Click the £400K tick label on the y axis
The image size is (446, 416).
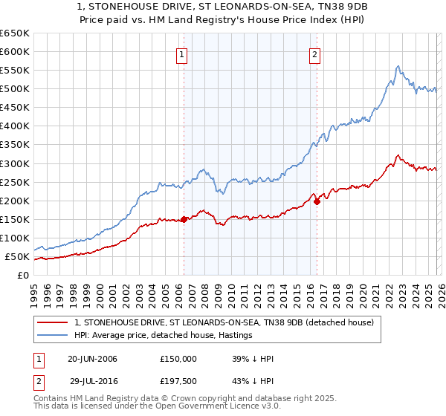(14, 126)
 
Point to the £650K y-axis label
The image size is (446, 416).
(14, 33)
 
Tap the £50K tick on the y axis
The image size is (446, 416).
(16, 257)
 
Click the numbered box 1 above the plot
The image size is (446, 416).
(182, 53)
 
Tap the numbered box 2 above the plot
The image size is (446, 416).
(315, 53)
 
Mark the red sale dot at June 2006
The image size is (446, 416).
(184, 219)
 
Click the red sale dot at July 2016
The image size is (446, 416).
(317, 201)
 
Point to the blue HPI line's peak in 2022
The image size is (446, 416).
(398, 66)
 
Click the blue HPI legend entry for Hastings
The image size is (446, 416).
(164, 335)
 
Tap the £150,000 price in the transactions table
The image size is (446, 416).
(178, 359)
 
